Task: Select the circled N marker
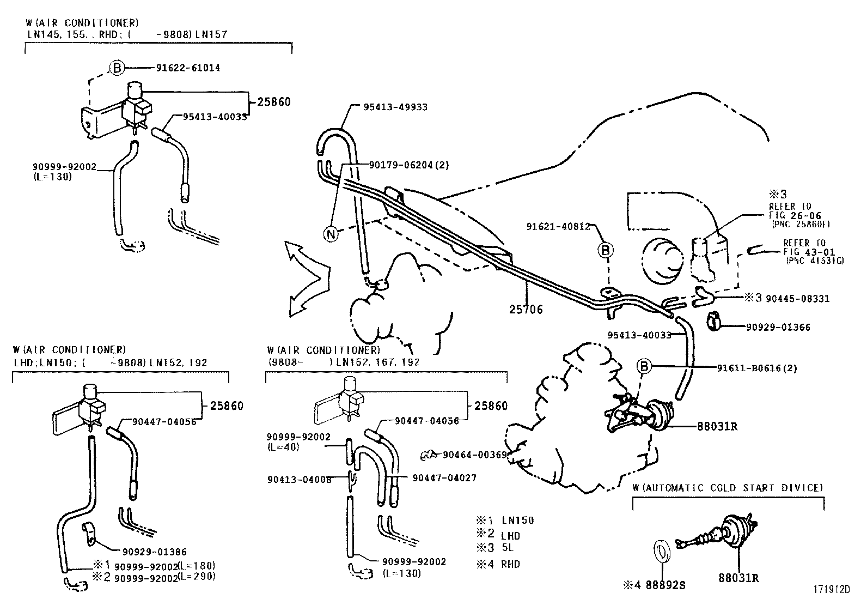click(x=330, y=234)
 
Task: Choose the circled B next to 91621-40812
click(x=605, y=250)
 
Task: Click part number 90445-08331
click(x=797, y=299)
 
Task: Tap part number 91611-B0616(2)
click(x=756, y=368)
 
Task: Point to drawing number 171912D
click(x=832, y=589)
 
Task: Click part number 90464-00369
click(x=474, y=455)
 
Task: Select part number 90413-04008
click(x=299, y=480)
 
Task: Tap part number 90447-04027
click(x=444, y=478)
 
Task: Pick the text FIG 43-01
click(x=804, y=251)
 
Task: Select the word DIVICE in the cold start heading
click(x=802, y=488)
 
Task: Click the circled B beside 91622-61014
click(x=116, y=68)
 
